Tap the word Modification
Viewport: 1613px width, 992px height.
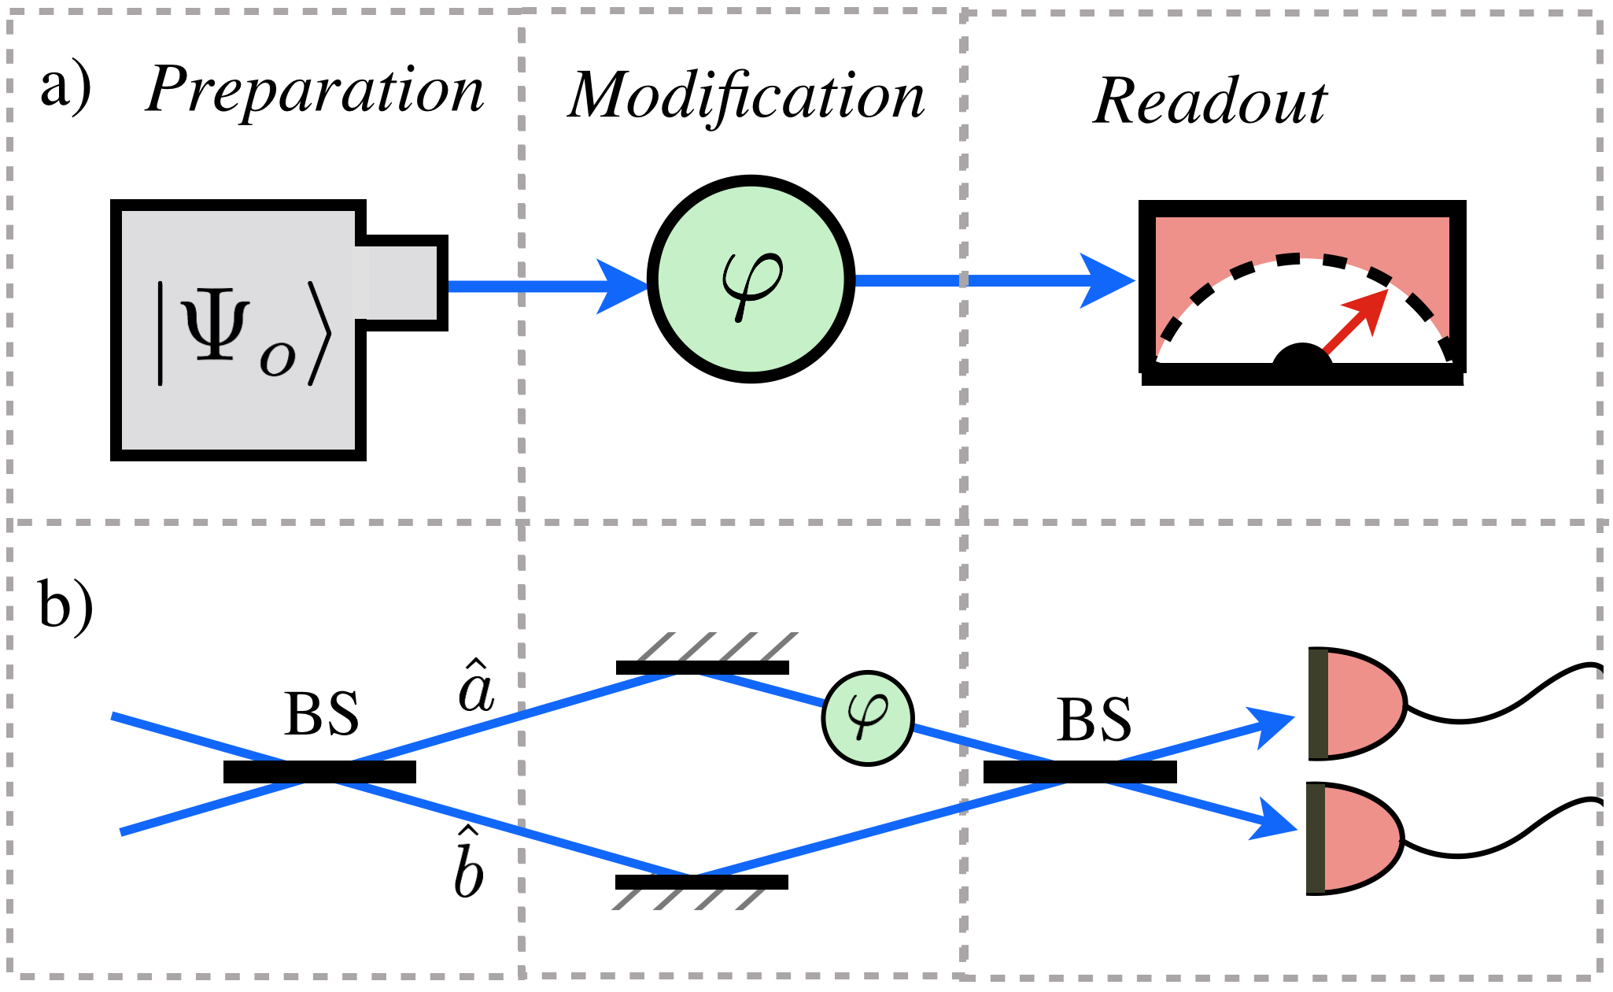pyautogui.click(x=746, y=96)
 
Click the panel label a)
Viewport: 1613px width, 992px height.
pyautogui.click(x=66, y=88)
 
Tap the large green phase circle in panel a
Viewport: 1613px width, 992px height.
pyautogui.click(x=751, y=279)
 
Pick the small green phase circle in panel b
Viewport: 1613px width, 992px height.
pyautogui.click(x=868, y=717)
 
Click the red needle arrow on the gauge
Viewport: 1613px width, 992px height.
pyautogui.click(x=1356, y=324)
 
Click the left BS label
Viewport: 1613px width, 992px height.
pyautogui.click(x=322, y=715)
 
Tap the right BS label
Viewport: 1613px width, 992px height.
pyautogui.click(x=1094, y=720)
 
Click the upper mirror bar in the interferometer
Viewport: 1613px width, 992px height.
pyautogui.click(x=703, y=668)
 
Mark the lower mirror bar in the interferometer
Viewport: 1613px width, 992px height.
pyautogui.click(x=702, y=882)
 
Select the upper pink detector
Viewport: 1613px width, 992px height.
pyautogui.click(x=1357, y=704)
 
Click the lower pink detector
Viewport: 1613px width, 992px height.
pyautogui.click(x=1356, y=838)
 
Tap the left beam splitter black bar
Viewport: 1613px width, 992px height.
pyautogui.click(x=319, y=772)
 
